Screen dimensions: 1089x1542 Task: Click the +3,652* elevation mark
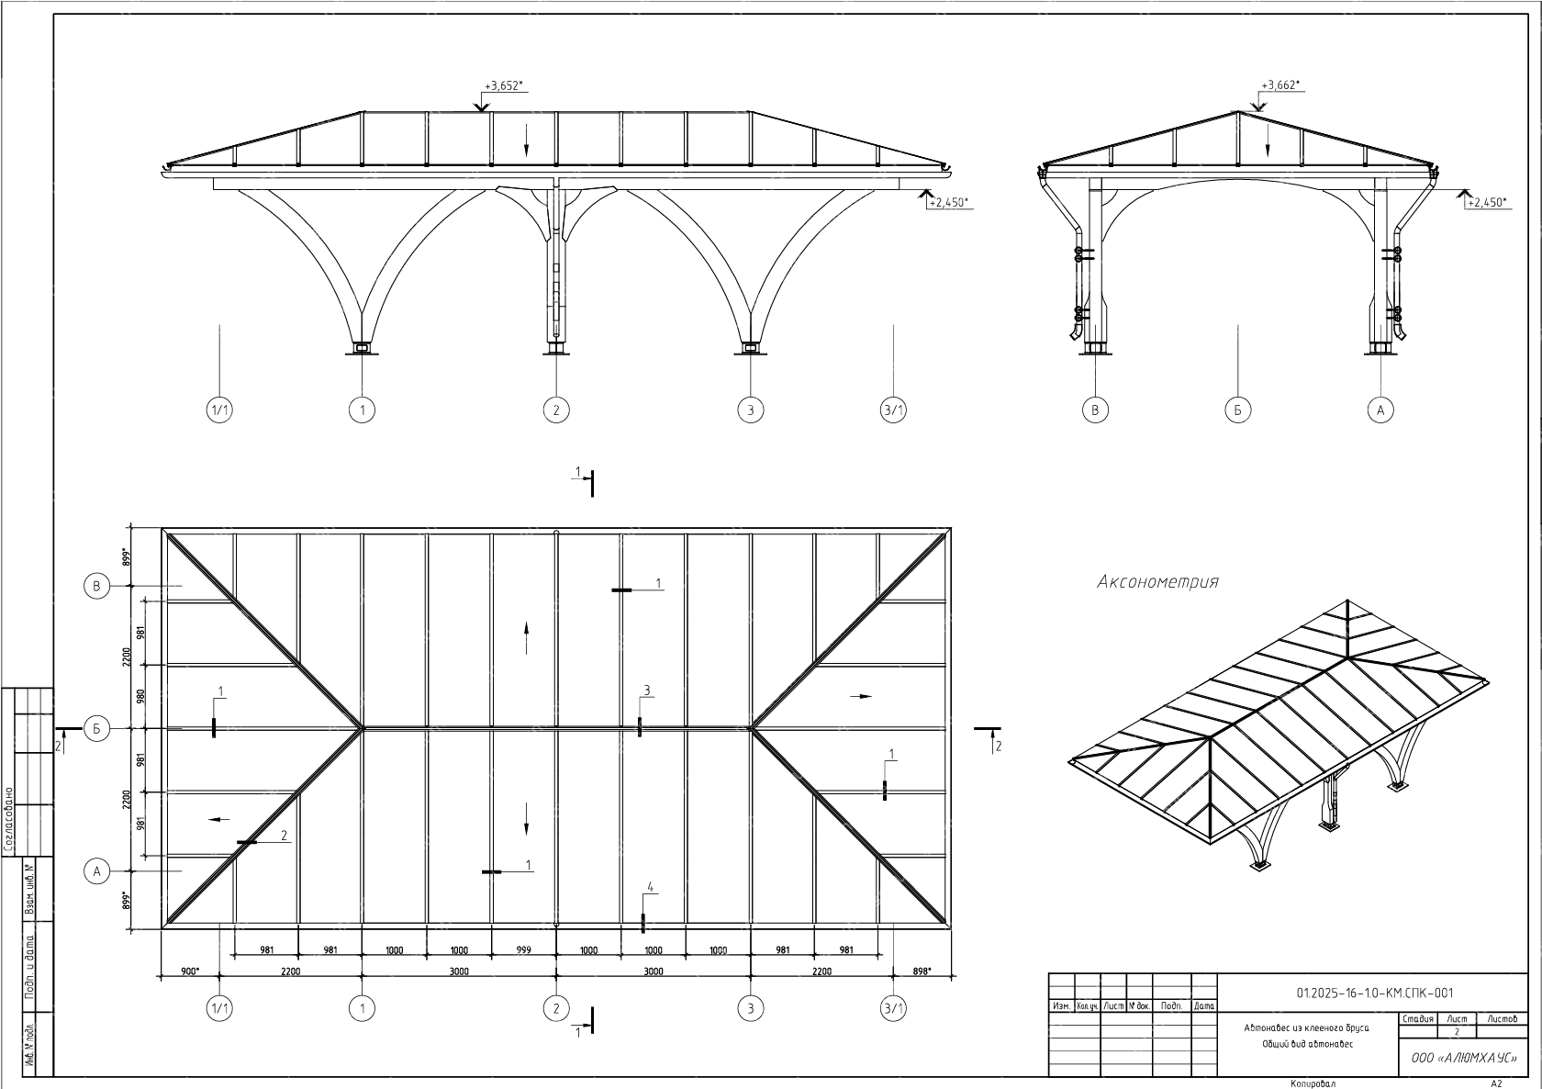tap(503, 86)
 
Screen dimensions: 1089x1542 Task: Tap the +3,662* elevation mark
tap(1280, 85)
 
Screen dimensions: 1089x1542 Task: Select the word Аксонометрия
tap(1157, 582)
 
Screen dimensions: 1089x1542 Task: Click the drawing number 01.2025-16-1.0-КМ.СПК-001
tap(1374, 993)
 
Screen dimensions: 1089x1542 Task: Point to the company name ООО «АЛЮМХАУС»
tap(1463, 1059)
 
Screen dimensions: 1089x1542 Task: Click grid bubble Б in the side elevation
tap(1237, 410)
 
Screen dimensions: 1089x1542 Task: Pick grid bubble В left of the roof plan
tap(97, 586)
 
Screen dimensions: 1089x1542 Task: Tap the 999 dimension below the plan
tap(524, 950)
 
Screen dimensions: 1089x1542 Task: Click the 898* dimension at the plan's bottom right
tap(922, 971)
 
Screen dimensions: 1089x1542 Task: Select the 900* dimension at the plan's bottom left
tap(190, 971)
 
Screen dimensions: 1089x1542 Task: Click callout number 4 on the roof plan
tap(650, 887)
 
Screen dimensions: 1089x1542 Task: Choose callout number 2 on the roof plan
tap(284, 836)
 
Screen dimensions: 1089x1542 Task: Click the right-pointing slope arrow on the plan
tap(861, 697)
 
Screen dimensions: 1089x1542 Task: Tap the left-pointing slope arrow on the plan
tap(220, 818)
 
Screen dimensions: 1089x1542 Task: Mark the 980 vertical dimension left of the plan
tap(141, 697)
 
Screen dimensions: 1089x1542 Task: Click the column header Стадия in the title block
tap(1418, 1018)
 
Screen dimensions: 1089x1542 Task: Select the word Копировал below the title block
tap(1313, 1083)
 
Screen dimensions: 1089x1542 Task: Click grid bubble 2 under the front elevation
tap(555, 410)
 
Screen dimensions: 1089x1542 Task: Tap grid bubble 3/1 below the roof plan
tap(893, 1009)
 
